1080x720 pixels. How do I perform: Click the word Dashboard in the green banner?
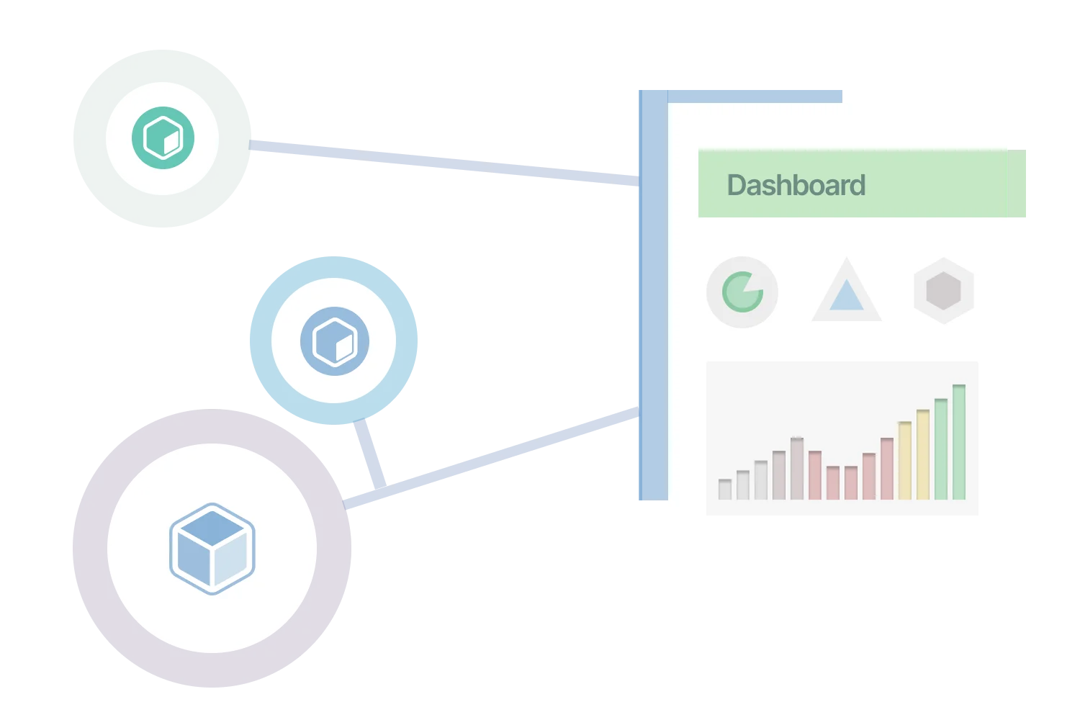796,185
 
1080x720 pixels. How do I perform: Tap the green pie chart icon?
742,292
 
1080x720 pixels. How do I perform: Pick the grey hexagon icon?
943,291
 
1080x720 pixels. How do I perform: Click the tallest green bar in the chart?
959,442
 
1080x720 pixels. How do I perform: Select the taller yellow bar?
923,454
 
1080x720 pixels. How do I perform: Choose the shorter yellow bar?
905,460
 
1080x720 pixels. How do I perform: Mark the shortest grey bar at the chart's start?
725,490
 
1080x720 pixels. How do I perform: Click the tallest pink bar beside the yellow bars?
887,469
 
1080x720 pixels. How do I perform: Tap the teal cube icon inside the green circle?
163,138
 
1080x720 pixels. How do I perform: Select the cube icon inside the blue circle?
335,341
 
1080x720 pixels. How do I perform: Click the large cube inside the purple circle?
212,549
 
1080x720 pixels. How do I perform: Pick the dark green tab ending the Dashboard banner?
1019,184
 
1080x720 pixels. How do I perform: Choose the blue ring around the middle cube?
261,341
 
